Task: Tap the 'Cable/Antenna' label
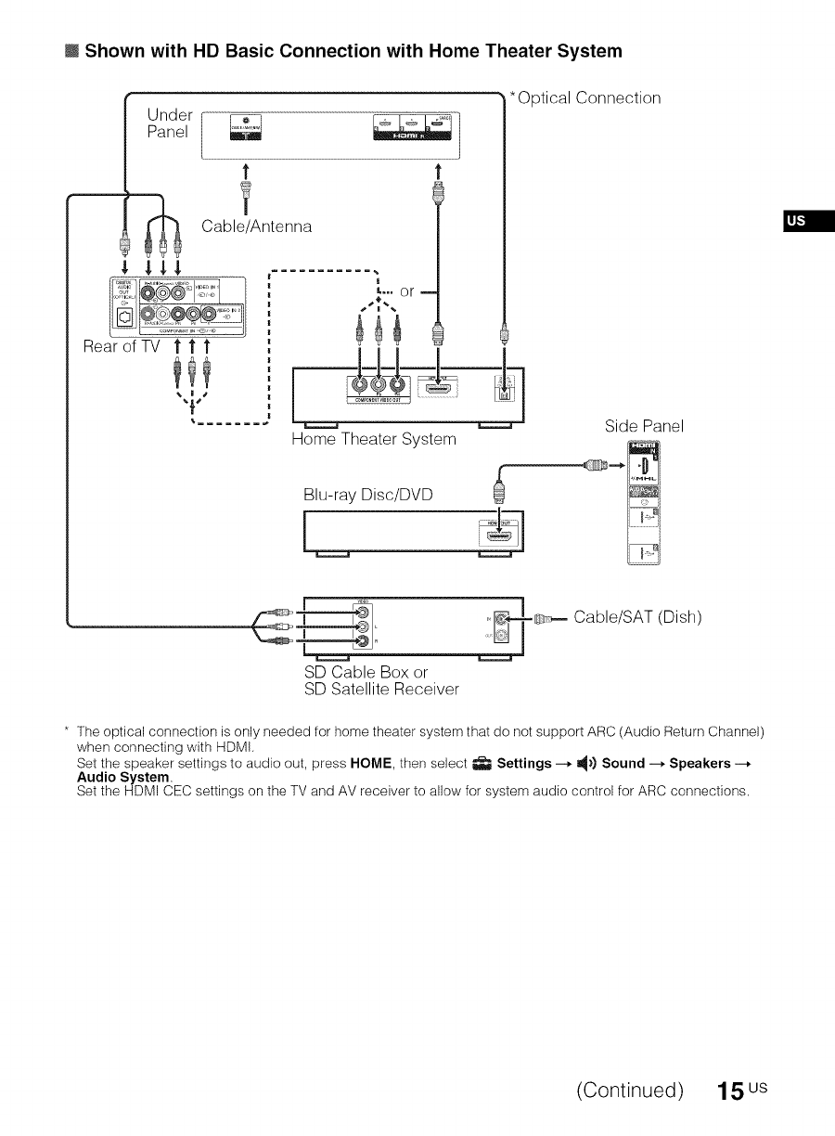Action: click(x=257, y=226)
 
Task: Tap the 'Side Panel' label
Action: click(x=644, y=426)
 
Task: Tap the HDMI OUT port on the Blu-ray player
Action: click(x=499, y=536)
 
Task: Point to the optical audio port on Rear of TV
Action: click(x=123, y=322)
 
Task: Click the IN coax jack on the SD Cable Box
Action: click(x=502, y=616)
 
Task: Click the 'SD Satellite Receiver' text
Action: click(x=381, y=689)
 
